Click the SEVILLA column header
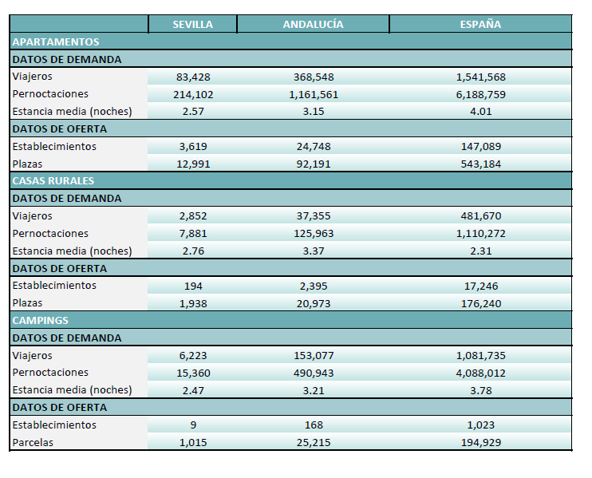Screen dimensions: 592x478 [192, 25]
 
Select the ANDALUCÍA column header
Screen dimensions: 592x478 [313, 25]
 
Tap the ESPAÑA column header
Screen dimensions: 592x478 [480, 25]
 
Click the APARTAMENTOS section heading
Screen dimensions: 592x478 [56, 42]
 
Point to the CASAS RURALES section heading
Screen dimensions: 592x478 [53, 181]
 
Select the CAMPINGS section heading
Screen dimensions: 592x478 [40, 321]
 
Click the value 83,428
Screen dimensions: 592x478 [193, 77]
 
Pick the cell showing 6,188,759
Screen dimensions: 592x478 [480, 94]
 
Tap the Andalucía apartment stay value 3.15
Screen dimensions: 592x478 [314, 112]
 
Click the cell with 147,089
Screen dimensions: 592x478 [480, 147]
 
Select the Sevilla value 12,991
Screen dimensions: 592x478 [193, 164]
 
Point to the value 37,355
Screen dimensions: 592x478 [314, 216]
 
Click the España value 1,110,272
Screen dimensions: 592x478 [480, 234]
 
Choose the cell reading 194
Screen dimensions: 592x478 [193, 286]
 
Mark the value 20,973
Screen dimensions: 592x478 [314, 304]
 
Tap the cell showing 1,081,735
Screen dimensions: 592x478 [480, 356]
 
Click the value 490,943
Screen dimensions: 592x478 [314, 373]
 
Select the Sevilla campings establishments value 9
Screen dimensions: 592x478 [193, 425]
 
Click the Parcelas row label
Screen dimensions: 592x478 [33, 443]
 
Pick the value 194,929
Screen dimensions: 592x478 [480, 443]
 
